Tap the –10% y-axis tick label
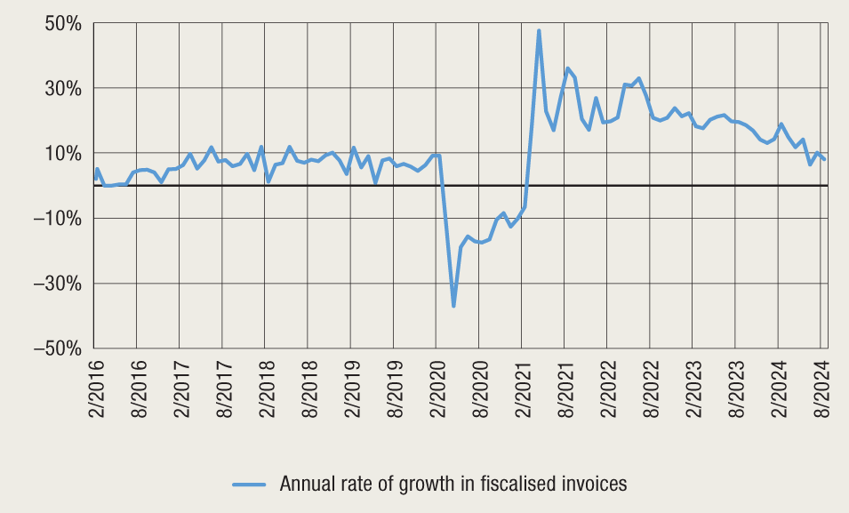(58, 219)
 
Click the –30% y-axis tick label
(58, 284)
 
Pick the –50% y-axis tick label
(58, 349)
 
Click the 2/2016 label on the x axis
(95, 385)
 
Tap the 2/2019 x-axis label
(351, 385)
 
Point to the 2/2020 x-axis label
(437, 385)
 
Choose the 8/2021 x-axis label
(565, 385)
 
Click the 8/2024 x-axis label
(821, 385)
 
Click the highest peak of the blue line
(539, 31)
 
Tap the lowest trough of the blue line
(453, 307)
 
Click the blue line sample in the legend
(250, 485)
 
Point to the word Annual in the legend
(308, 485)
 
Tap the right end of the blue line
(825, 159)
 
